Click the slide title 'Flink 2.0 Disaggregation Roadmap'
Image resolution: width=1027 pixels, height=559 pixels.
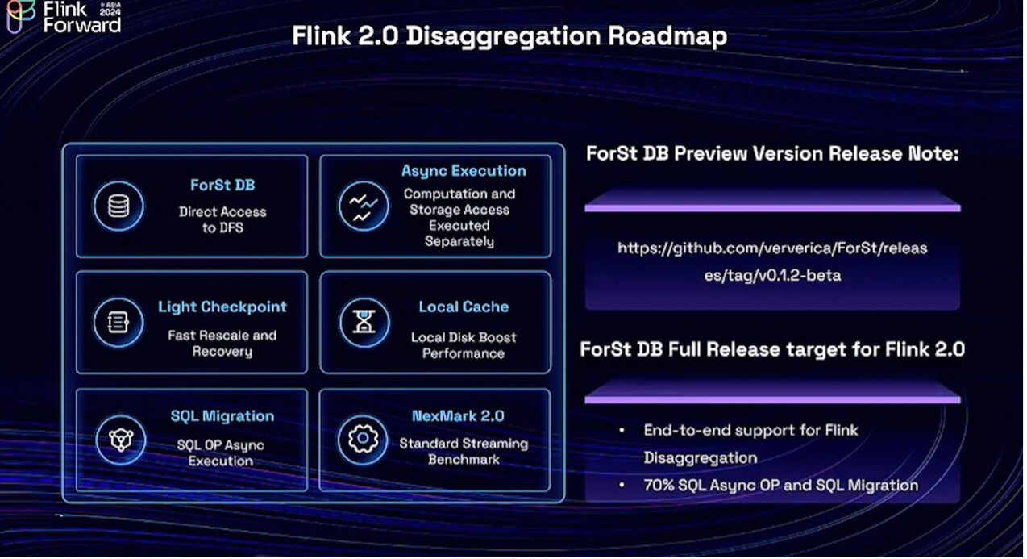509,36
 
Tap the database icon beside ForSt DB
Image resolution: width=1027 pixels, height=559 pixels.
118,206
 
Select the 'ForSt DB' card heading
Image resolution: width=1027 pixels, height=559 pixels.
222,186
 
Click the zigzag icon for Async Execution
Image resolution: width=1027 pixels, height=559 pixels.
363,206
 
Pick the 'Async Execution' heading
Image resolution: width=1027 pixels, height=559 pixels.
464,171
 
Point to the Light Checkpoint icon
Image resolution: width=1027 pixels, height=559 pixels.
118,322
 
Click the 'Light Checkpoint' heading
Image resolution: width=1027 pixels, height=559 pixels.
222,307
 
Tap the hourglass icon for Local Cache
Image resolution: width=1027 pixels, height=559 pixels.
363,322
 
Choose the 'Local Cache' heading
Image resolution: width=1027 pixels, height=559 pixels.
464,307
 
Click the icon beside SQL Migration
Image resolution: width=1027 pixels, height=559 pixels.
118,440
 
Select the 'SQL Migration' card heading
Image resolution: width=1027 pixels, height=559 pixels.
222,416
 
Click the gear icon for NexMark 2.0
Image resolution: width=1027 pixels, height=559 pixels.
363,440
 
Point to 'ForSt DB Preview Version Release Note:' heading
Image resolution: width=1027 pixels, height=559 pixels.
772,153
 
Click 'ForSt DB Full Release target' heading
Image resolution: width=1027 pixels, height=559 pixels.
772,349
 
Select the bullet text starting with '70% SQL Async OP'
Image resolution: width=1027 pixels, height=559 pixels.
780,485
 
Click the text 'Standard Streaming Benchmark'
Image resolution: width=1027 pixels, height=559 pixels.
464,451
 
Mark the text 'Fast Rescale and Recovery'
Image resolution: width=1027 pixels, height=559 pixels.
222,343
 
